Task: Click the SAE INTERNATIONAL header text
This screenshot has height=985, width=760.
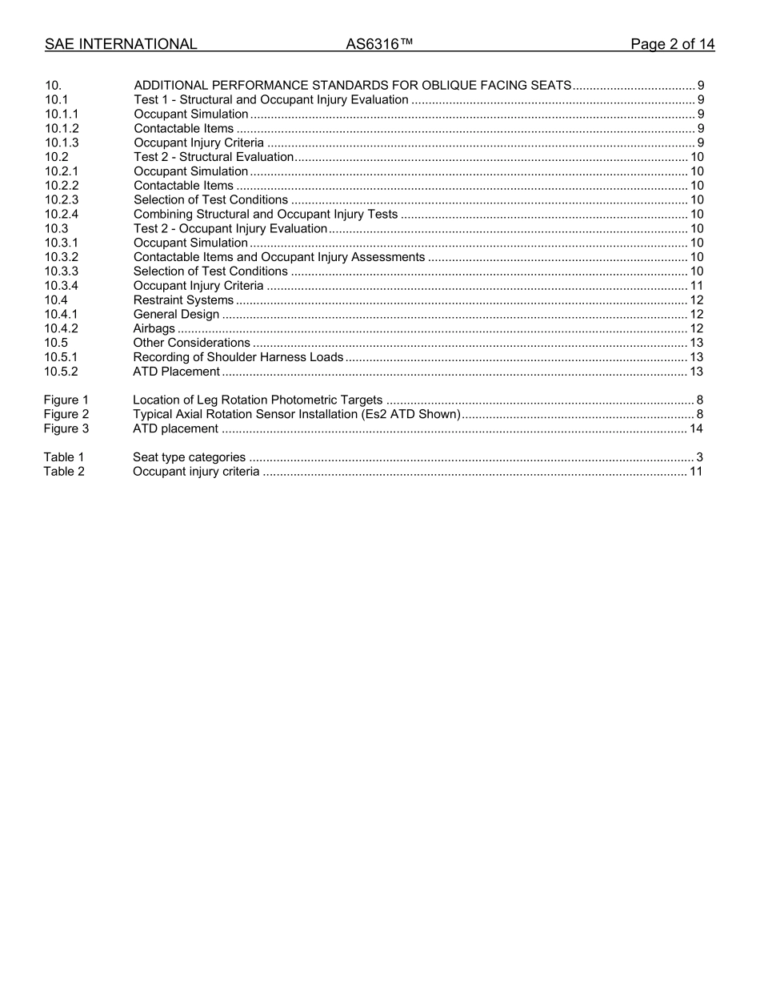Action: click(x=121, y=45)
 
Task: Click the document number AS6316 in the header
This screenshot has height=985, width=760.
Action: click(x=379, y=45)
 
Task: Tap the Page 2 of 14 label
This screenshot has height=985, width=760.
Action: click(x=672, y=45)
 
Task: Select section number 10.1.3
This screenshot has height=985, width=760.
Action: click(x=62, y=143)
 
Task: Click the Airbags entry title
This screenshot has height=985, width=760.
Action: click(x=154, y=328)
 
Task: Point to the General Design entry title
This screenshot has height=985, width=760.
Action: click(x=176, y=314)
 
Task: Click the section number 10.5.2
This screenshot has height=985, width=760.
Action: click(x=62, y=372)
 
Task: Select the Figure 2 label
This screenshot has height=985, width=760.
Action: click(x=66, y=414)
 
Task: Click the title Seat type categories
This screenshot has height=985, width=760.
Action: click(x=189, y=457)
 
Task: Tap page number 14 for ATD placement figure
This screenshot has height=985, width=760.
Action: click(x=696, y=428)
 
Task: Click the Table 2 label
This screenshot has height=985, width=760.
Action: click(x=64, y=472)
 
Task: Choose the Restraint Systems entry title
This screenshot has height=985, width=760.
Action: click(x=183, y=300)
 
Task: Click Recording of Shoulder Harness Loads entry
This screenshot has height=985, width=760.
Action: click(x=238, y=357)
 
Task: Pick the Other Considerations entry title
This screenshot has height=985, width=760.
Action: click(x=191, y=343)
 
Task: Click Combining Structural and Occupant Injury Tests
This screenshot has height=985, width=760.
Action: click(x=265, y=214)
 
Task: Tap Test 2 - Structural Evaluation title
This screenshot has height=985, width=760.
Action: click(x=214, y=157)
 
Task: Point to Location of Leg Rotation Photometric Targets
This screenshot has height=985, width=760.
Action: click(x=257, y=400)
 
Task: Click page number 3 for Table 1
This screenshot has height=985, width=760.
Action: click(x=699, y=457)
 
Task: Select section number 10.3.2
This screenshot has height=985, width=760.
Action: click(x=62, y=257)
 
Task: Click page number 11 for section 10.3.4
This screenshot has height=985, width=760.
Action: click(x=696, y=286)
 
